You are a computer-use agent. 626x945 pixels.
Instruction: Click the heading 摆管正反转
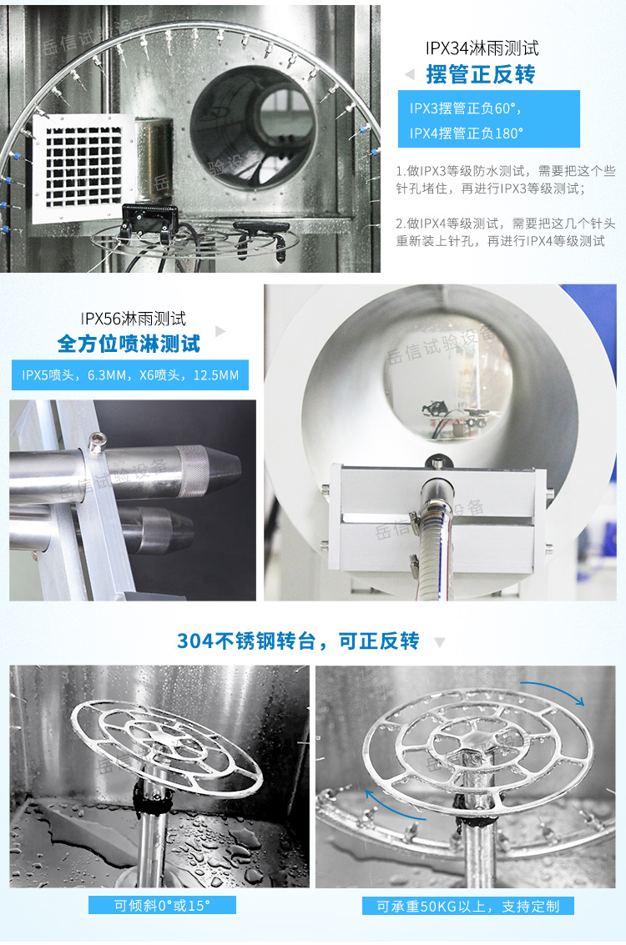click(x=481, y=75)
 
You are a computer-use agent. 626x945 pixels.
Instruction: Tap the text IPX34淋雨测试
click(x=482, y=48)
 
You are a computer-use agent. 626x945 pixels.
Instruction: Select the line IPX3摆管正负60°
click(x=465, y=108)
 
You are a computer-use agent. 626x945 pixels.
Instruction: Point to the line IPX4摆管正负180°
click(x=467, y=133)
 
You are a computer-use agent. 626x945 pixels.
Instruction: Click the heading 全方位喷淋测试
click(x=129, y=343)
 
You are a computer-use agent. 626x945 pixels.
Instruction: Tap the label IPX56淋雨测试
click(x=134, y=319)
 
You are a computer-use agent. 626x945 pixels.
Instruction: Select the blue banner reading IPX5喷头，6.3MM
click(x=130, y=375)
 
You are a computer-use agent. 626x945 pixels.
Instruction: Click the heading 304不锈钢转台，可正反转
click(x=298, y=641)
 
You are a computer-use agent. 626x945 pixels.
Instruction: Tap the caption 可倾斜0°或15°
click(x=162, y=905)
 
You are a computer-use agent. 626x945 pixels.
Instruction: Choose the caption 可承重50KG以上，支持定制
click(x=467, y=907)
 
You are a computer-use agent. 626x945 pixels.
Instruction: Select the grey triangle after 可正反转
click(x=440, y=643)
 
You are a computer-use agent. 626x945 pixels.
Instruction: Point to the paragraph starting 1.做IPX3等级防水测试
click(x=506, y=179)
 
